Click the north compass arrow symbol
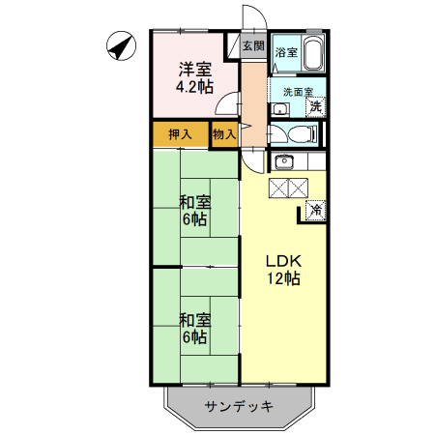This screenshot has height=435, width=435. (x=121, y=45)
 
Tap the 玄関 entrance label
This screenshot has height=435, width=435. (x=253, y=45)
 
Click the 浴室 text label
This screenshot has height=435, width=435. (x=286, y=52)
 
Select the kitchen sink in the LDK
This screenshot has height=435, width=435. (x=283, y=161)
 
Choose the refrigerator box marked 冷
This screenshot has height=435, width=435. (x=316, y=210)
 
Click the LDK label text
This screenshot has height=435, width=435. (x=285, y=262)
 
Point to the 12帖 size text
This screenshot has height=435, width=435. (x=285, y=279)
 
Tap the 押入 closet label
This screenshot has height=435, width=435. (x=179, y=134)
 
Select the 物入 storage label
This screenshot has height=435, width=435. (x=223, y=134)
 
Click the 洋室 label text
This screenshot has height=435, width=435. (x=194, y=70)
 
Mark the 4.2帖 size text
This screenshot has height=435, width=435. (x=194, y=87)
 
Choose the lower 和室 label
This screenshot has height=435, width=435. (x=194, y=320)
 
